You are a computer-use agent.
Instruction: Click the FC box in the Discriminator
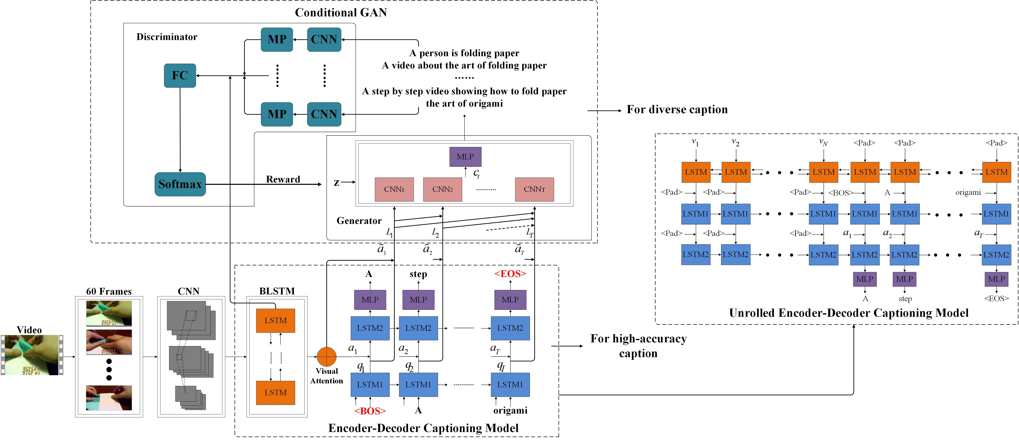coord(180,75)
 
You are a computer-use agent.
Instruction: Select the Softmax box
coord(180,184)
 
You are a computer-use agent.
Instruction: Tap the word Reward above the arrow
coord(283,179)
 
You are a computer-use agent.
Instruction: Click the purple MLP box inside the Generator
coord(465,157)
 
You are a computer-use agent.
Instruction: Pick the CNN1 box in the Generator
coord(394,189)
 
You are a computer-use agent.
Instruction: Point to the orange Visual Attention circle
coord(326,357)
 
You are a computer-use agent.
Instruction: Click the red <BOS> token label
coord(370,411)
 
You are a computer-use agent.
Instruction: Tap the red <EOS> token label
coord(510,273)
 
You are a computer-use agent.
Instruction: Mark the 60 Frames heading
coord(109,291)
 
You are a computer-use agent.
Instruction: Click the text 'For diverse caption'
coord(677,110)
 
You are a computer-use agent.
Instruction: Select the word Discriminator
coord(167,37)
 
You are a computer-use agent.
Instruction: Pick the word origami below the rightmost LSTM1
coord(510,410)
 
